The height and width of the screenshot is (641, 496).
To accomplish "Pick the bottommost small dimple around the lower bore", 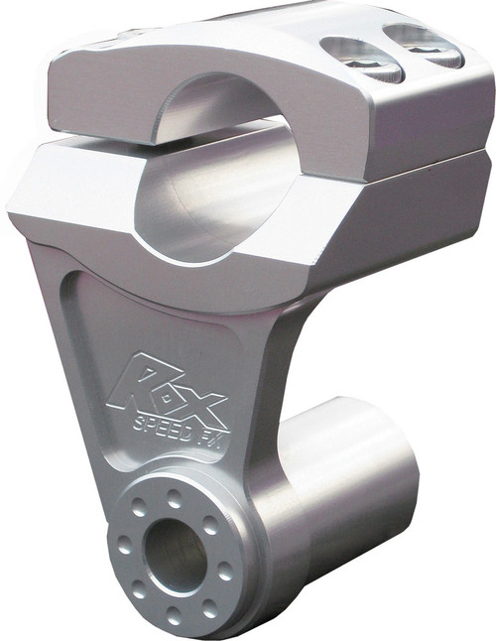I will point(175,617).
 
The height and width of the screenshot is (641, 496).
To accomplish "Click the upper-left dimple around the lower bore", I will point(140,506).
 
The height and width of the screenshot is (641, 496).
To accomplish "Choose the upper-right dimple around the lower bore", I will point(209,526).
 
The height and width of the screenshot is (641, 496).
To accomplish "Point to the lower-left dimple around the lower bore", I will point(139,588).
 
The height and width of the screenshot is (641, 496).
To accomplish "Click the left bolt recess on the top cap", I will point(359,58).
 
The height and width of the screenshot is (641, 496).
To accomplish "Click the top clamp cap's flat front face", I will point(99,104).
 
